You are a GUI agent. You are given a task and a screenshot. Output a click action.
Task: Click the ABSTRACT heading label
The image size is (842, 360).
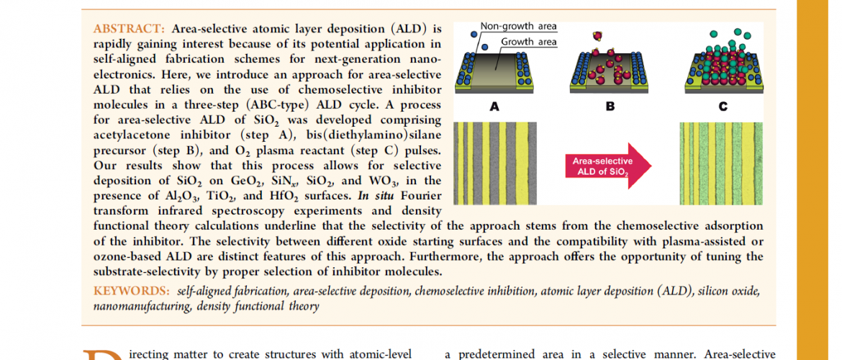tap(130, 28)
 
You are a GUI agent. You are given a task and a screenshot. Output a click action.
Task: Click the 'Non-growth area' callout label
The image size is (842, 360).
tap(518, 26)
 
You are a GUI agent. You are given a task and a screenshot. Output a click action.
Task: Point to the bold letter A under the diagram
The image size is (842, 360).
tap(494, 107)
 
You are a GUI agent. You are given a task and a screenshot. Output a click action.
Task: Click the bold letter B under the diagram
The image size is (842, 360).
tap(610, 107)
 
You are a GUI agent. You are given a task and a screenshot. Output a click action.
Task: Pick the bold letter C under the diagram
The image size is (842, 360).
tap(723, 107)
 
